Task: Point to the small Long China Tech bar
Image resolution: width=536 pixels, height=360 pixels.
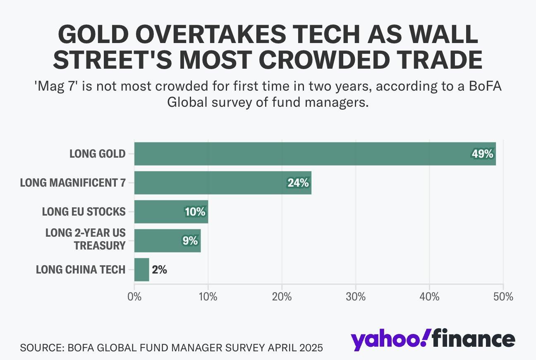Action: (141, 270)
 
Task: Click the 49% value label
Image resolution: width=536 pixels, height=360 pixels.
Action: (483, 154)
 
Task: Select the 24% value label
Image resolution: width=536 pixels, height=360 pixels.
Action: (298, 182)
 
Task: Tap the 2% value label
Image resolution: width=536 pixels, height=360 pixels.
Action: (159, 270)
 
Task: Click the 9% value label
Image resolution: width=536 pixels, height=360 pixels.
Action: (190, 240)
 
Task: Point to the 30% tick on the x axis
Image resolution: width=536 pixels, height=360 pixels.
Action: (356, 297)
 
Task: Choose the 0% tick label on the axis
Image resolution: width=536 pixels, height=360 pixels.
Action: (134, 297)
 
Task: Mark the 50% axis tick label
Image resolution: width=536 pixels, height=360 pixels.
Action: (503, 297)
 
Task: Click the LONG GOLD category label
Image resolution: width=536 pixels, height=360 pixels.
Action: (97, 154)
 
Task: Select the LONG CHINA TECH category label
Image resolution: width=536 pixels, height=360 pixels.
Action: (80, 270)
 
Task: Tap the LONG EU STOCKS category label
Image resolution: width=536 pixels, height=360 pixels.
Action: (84, 211)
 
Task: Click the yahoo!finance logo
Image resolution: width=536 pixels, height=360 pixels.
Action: (433, 339)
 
